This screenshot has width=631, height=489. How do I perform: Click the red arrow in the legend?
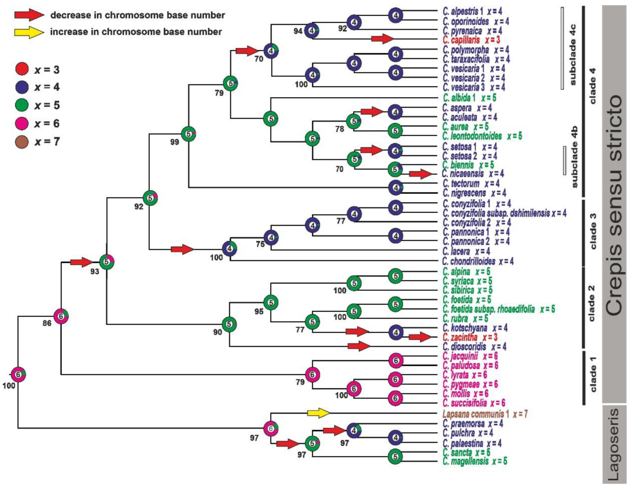point(29,14)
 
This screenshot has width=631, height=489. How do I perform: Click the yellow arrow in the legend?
point(29,32)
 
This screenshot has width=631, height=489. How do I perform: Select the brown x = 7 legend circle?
point(22,142)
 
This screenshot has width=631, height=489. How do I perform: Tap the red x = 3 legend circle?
point(22,69)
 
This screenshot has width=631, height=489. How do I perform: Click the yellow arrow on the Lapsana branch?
point(319,413)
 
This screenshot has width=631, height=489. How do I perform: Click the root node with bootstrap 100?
point(18,375)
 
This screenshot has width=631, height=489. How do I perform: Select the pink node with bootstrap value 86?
point(61,316)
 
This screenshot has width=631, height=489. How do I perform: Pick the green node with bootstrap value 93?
point(107,262)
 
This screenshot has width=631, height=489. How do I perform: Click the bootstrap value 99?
point(174,142)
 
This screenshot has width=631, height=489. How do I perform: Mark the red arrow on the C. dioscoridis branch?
point(359,346)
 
